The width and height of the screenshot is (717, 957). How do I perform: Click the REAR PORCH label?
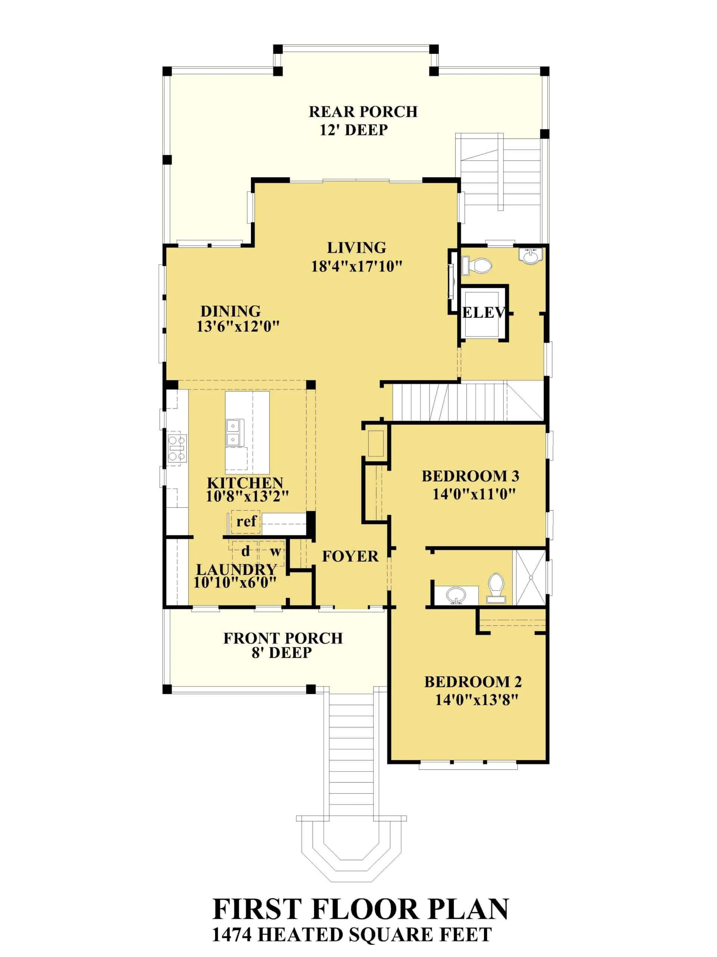[363, 112]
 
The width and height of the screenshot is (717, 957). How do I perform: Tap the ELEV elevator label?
[483, 313]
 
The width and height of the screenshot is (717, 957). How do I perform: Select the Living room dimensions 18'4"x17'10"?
[357, 267]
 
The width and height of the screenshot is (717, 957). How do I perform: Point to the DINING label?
[230, 311]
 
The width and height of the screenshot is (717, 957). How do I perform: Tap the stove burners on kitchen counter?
[177, 448]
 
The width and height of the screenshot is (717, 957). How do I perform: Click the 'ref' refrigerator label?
[247, 521]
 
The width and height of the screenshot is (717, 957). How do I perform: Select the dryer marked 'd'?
[245, 551]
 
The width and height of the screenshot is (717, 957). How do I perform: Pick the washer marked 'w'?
[275, 551]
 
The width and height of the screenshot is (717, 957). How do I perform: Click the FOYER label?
[350, 556]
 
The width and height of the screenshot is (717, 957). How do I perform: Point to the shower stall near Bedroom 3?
[530, 577]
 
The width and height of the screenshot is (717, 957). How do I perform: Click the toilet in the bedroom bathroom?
[496, 588]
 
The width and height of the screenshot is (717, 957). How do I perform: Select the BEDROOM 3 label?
[470, 476]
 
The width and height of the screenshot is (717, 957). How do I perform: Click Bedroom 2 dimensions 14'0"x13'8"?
[476, 699]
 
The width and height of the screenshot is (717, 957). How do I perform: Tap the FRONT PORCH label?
[283, 638]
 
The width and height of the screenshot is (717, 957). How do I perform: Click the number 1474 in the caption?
[232, 935]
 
